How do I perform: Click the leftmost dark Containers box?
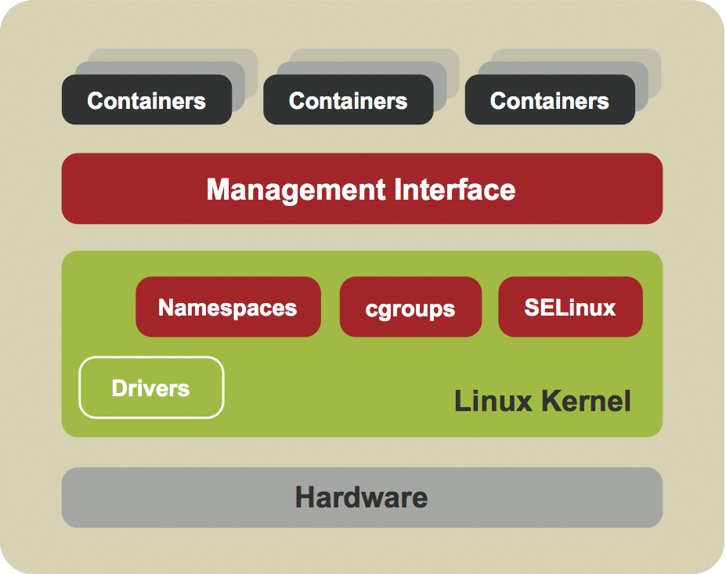[146, 100]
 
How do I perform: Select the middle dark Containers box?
[348, 100]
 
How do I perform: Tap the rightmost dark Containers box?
[549, 100]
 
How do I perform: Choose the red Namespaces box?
[228, 307]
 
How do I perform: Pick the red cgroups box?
[410, 307]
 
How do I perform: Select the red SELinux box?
[570, 307]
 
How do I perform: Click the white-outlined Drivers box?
[151, 388]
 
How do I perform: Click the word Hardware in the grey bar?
[362, 497]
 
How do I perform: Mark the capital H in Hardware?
[305, 497]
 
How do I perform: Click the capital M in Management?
[219, 190]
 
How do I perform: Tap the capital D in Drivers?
[120, 388]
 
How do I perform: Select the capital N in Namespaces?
[166, 307]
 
